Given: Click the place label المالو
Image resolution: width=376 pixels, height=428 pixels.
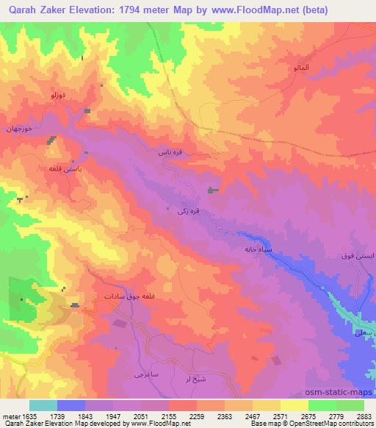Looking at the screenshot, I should (x=285, y=68).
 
